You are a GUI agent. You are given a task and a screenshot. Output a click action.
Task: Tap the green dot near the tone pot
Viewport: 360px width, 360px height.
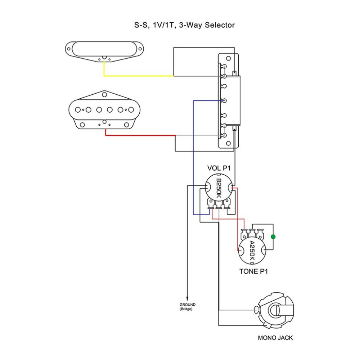pyautogui.click(x=273, y=237)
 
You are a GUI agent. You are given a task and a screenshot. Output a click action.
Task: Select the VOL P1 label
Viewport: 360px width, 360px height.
pyautogui.click(x=219, y=168)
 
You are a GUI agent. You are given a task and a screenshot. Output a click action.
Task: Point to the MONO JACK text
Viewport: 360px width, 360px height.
pyautogui.click(x=275, y=338)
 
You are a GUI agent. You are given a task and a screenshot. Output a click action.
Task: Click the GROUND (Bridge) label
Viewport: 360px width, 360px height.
pyautogui.click(x=187, y=307)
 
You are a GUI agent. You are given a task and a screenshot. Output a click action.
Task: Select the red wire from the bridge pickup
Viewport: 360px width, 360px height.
pyautogui.click(x=140, y=135)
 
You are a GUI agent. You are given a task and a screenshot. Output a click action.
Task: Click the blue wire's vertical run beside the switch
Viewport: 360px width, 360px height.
pyautogui.click(x=194, y=151)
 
